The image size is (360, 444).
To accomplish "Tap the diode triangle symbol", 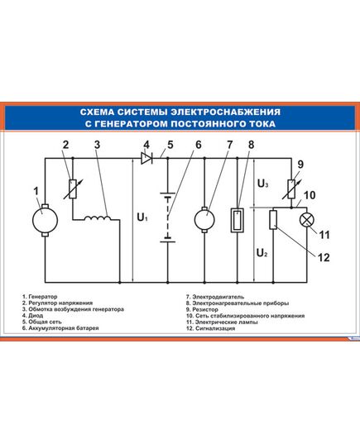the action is click(x=146, y=158).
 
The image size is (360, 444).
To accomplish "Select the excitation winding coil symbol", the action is click(x=98, y=217).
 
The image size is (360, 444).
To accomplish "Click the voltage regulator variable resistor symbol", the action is click(x=73, y=189).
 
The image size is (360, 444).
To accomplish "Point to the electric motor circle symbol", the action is click(x=204, y=220).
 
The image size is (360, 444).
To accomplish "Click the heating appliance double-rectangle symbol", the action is click(x=238, y=220).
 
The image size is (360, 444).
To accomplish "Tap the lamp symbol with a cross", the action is click(x=307, y=220).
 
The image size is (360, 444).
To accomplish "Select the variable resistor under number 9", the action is click(x=291, y=189).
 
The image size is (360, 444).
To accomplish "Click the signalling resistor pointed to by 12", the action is click(x=273, y=220).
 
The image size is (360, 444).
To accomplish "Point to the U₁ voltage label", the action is click(x=142, y=217).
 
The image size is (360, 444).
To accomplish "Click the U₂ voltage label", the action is click(x=262, y=252).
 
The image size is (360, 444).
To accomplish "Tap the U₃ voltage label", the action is click(x=263, y=184).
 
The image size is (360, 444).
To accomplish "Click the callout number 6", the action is click(x=199, y=145).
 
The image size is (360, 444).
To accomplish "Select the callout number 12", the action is click(x=324, y=257).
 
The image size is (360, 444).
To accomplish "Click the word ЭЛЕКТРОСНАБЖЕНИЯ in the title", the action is click(x=226, y=112).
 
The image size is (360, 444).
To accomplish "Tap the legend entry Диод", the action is click(x=32, y=316).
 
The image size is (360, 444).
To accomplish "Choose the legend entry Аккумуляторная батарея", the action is click(x=60, y=328).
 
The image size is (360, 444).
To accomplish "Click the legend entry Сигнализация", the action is click(x=210, y=328).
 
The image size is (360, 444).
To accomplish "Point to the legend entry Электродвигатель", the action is click(x=215, y=297).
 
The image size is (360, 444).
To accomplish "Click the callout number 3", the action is click(x=97, y=145).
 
